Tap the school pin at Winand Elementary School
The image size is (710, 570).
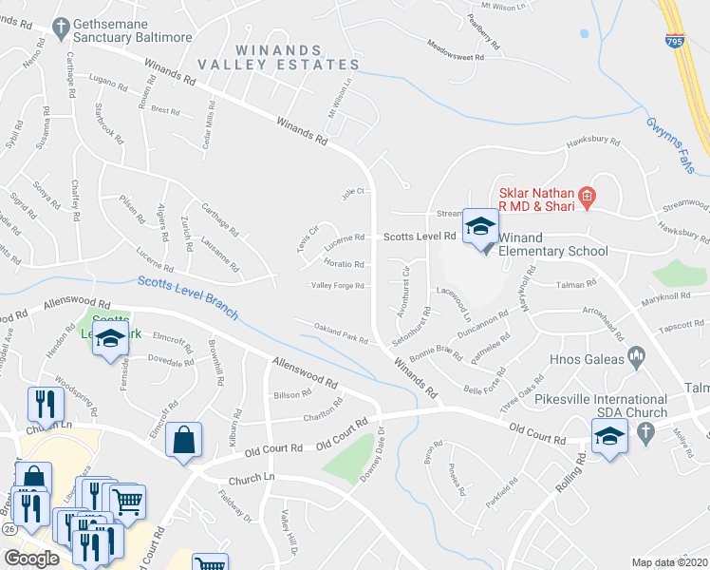[481, 228]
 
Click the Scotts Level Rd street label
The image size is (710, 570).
[419, 237]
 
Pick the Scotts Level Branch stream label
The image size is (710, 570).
[186, 297]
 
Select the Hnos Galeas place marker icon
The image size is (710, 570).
[636, 359]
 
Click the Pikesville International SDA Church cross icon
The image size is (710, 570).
[645, 432]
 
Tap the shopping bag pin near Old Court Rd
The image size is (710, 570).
[183, 441]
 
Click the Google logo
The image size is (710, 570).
[31, 559]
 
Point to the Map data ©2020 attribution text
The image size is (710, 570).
[669, 562]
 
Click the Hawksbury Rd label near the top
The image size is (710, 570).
[592, 144]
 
